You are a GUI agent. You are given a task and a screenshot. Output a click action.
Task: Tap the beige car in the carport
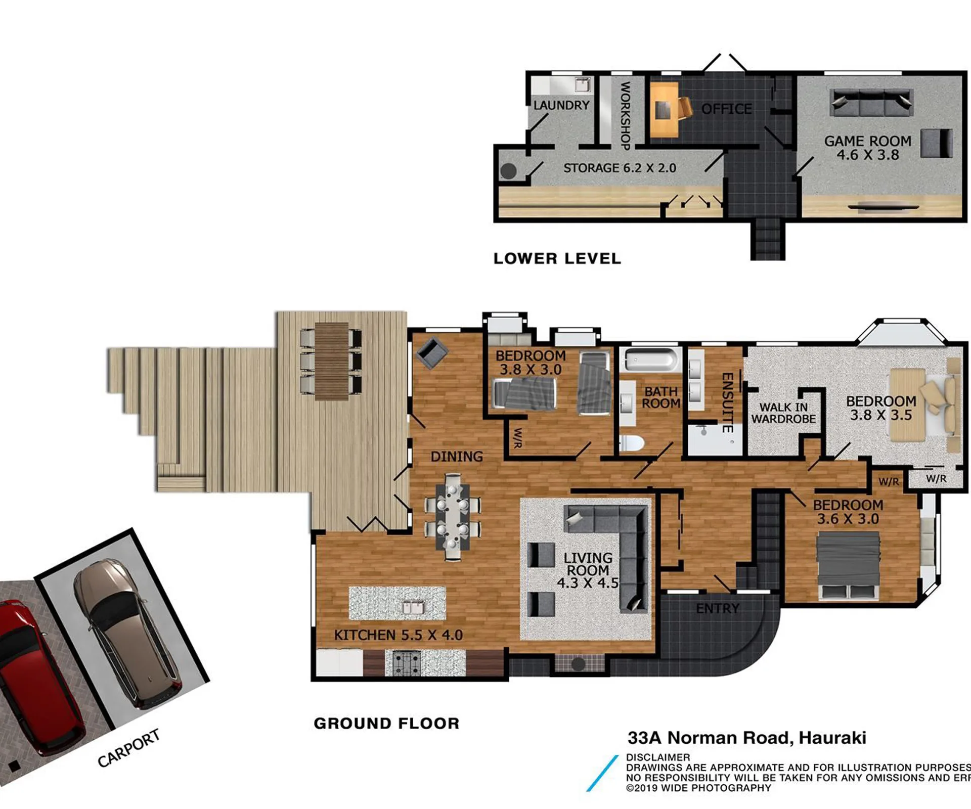(126, 632)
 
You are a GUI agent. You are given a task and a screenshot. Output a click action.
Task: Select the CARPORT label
(128, 748)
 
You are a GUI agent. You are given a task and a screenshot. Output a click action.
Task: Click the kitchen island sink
(413, 607)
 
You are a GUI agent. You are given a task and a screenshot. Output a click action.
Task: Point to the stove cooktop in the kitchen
(403, 663)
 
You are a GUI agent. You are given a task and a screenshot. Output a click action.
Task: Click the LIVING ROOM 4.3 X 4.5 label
(588, 570)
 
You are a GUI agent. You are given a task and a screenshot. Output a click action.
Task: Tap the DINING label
(457, 457)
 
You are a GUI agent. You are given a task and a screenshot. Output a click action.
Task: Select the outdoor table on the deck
(332, 361)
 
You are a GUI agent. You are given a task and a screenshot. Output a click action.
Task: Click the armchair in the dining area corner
(431, 352)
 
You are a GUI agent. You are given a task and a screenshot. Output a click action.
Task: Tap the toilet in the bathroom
(632, 443)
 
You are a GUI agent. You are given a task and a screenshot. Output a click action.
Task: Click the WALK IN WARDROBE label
(783, 413)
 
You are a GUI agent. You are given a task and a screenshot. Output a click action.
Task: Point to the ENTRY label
(718, 608)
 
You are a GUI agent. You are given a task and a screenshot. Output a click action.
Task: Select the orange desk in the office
(664, 110)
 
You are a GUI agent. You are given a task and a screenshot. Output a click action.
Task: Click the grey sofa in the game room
(871, 103)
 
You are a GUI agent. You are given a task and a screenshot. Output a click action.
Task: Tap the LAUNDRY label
(561, 105)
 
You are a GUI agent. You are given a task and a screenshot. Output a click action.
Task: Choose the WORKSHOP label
(625, 116)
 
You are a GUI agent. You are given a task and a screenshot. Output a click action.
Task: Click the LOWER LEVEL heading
(557, 259)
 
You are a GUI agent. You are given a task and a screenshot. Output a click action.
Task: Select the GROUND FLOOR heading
(386, 724)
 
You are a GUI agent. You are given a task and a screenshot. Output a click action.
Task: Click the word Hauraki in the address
(832, 738)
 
